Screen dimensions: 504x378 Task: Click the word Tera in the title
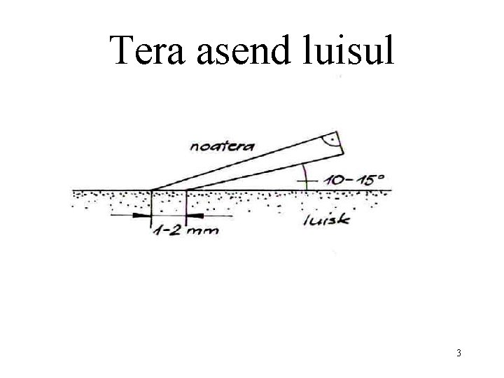(x=148, y=51)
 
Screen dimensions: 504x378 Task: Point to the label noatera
(x=223, y=145)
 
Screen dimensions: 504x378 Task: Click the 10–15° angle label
(x=354, y=179)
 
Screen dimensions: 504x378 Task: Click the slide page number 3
(x=458, y=353)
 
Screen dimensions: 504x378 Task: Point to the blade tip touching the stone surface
(x=153, y=190)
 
